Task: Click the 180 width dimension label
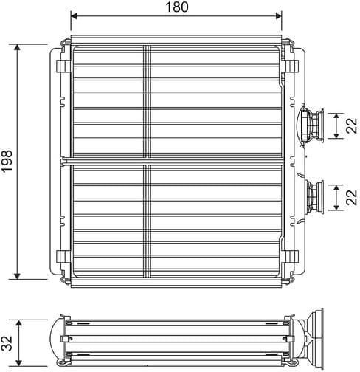(x=176, y=7)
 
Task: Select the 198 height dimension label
(x=7, y=160)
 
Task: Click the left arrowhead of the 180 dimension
(x=74, y=14)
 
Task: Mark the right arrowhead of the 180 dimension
(x=279, y=14)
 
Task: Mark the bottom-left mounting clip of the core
(x=63, y=258)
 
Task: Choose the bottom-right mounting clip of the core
(x=291, y=258)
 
